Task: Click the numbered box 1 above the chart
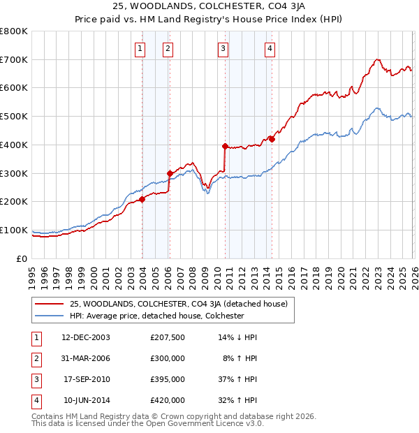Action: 141,48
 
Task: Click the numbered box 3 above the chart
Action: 223,48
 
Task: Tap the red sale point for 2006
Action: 170,173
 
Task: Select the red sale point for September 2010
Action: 225,146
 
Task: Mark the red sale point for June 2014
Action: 272,139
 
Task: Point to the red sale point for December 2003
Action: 142,199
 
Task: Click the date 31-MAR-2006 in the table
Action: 86,359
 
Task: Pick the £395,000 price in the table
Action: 168,380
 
